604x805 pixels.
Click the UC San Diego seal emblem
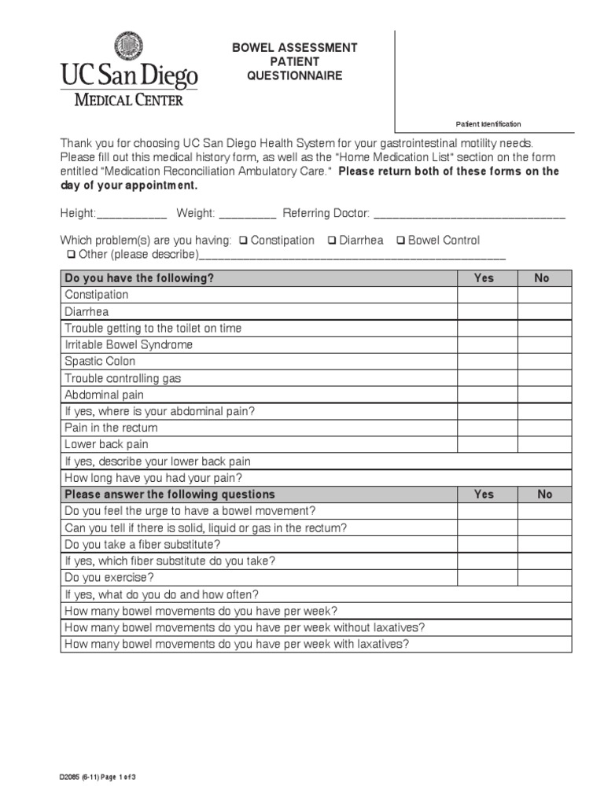[x=129, y=46]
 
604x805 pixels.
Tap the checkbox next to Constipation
[x=244, y=241]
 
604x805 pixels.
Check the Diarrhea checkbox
[x=333, y=241]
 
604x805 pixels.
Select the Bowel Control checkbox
[x=401, y=241]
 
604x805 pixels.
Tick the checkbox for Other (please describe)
[x=72, y=255]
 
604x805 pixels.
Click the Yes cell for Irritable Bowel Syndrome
[x=487, y=345]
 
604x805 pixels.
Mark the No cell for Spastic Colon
[x=544, y=362]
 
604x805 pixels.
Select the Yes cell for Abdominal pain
[x=487, y=395]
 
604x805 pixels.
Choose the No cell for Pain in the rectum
[x=544, y=428]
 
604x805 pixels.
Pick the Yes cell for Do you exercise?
[x=487, y=578]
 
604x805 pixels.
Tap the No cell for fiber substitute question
[x=544, y=544]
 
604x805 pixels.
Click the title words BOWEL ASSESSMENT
[x=294, y=48]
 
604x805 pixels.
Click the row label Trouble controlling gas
[x=123, y=378]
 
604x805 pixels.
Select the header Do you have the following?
[x=139, y=278]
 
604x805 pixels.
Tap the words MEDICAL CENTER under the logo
[x=129, y=100]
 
